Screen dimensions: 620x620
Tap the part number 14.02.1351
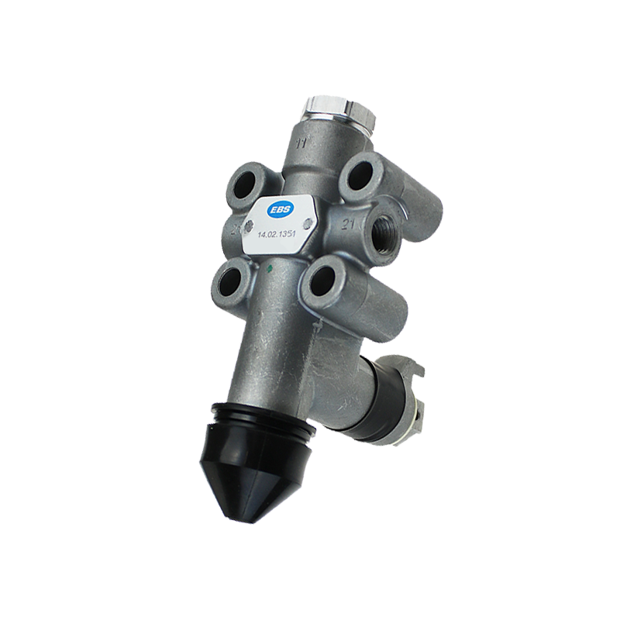point(277,235)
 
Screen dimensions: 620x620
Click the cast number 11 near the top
point(301,143)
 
